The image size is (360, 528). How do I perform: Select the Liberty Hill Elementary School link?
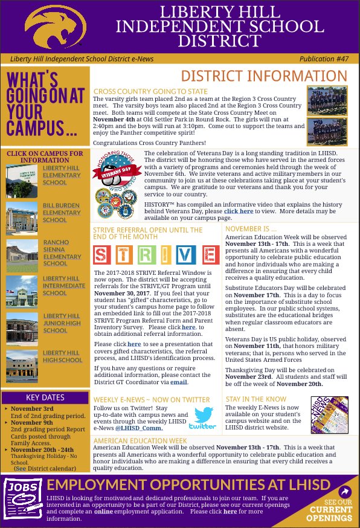click(x=60, y=175)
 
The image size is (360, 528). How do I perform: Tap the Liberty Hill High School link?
click(x=62, y=356)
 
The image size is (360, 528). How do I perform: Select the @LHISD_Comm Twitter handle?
click(x=135, y=428)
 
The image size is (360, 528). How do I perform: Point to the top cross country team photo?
click(x=326, y=99)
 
